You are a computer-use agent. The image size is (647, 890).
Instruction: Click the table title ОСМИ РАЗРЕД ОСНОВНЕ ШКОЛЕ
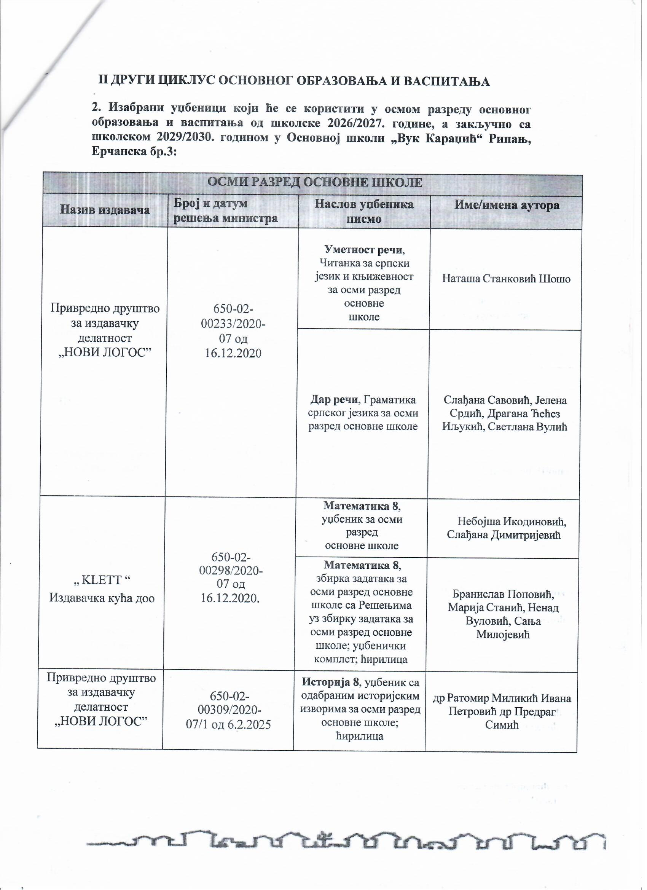314,183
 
